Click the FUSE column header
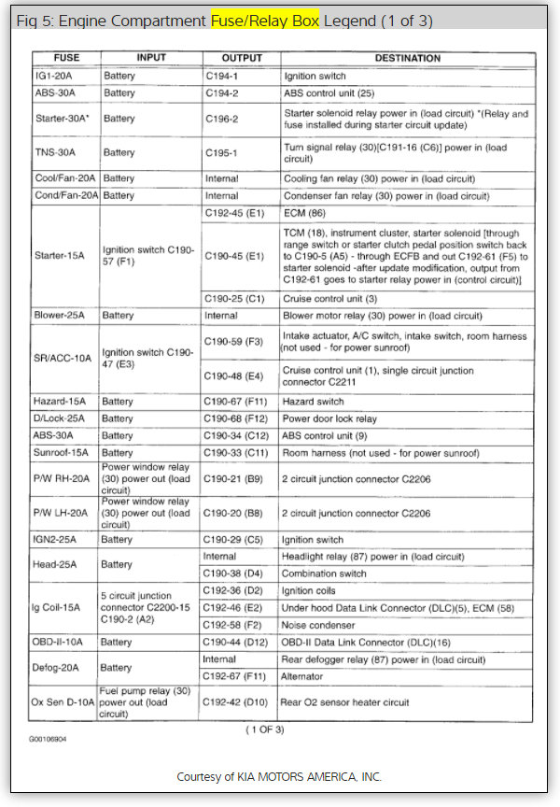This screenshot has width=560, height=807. (66, 58)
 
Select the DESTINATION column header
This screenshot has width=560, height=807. (407, 58)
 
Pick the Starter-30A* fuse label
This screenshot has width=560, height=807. (63, 119)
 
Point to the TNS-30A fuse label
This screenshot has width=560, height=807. (56, 152)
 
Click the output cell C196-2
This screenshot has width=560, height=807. (222, 119)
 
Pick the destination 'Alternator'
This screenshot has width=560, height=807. (304, 676)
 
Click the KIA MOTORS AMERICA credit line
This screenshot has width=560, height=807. (279, 777)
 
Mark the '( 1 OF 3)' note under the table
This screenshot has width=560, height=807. (264, 729)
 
